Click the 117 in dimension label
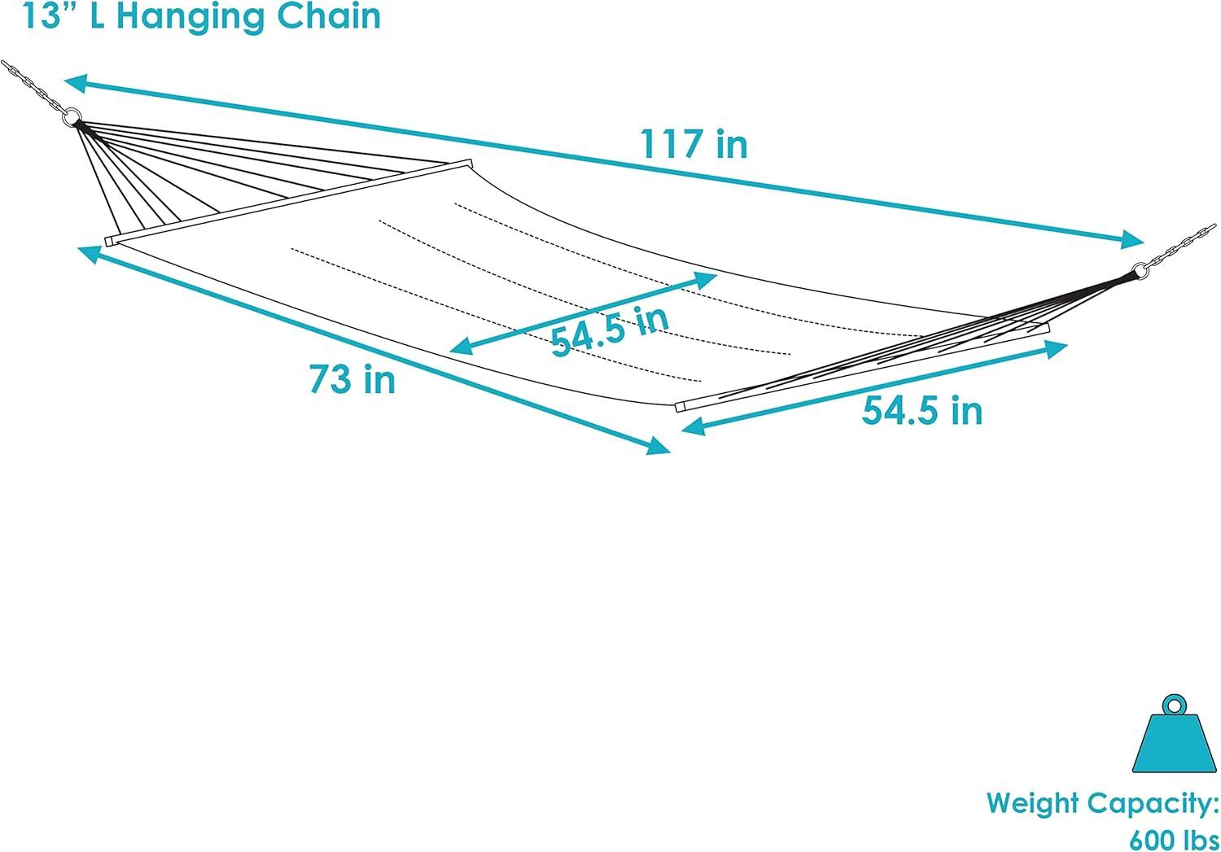tap(694, 145)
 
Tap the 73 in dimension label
tap(352, 379)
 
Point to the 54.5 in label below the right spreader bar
tap(922, 410)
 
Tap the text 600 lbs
tap(1173, 838)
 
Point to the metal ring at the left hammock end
tap(73, 118)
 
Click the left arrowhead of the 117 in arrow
tap(75, 81)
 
